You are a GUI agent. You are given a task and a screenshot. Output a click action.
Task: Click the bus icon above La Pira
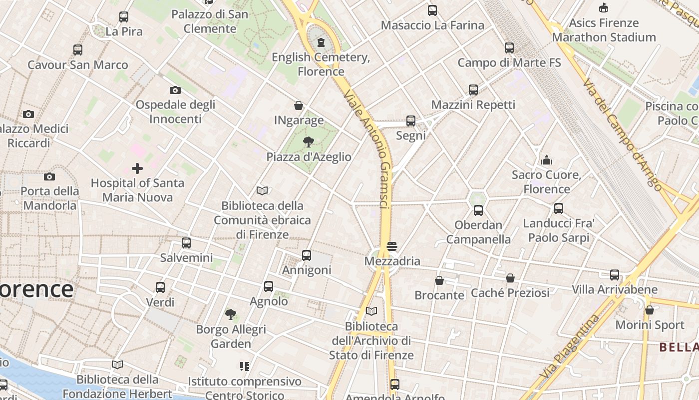tap(124, 17)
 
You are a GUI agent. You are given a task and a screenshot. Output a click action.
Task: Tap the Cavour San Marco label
tap(78, 65)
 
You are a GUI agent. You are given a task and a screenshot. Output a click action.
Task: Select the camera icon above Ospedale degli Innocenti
tap(175, 90)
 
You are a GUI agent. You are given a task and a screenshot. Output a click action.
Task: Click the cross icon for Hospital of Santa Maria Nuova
tap(137, 168)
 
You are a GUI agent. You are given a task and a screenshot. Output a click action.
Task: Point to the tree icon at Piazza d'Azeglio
tap(309, 142)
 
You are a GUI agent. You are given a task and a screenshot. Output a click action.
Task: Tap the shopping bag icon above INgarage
tap(299, 105)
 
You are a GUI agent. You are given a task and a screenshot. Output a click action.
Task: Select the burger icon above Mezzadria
tap(392, 246)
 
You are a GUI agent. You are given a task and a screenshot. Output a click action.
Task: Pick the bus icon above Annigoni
tap(307, 255)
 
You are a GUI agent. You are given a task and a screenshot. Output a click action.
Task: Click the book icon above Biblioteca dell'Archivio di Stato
tap(371, 311)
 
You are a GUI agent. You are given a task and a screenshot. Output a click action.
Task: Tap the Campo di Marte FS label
tap(509, 63)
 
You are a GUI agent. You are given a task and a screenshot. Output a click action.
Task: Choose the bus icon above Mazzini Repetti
tap(473, 90)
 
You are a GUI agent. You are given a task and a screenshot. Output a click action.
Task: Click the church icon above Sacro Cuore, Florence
tap(547, 160)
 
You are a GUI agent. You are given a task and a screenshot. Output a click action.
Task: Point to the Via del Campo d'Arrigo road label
tap(623, 133)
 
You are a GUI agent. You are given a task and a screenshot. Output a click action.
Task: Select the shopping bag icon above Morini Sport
tap(650, 310)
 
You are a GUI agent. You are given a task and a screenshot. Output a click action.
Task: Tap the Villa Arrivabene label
tap(615, 289)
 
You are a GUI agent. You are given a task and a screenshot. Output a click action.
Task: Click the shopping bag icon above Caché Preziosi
tap(510, 278)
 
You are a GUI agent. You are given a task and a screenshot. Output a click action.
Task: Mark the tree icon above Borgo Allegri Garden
tap(231, 314)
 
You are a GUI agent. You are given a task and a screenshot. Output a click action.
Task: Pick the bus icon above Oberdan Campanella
tap(478, 210)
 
